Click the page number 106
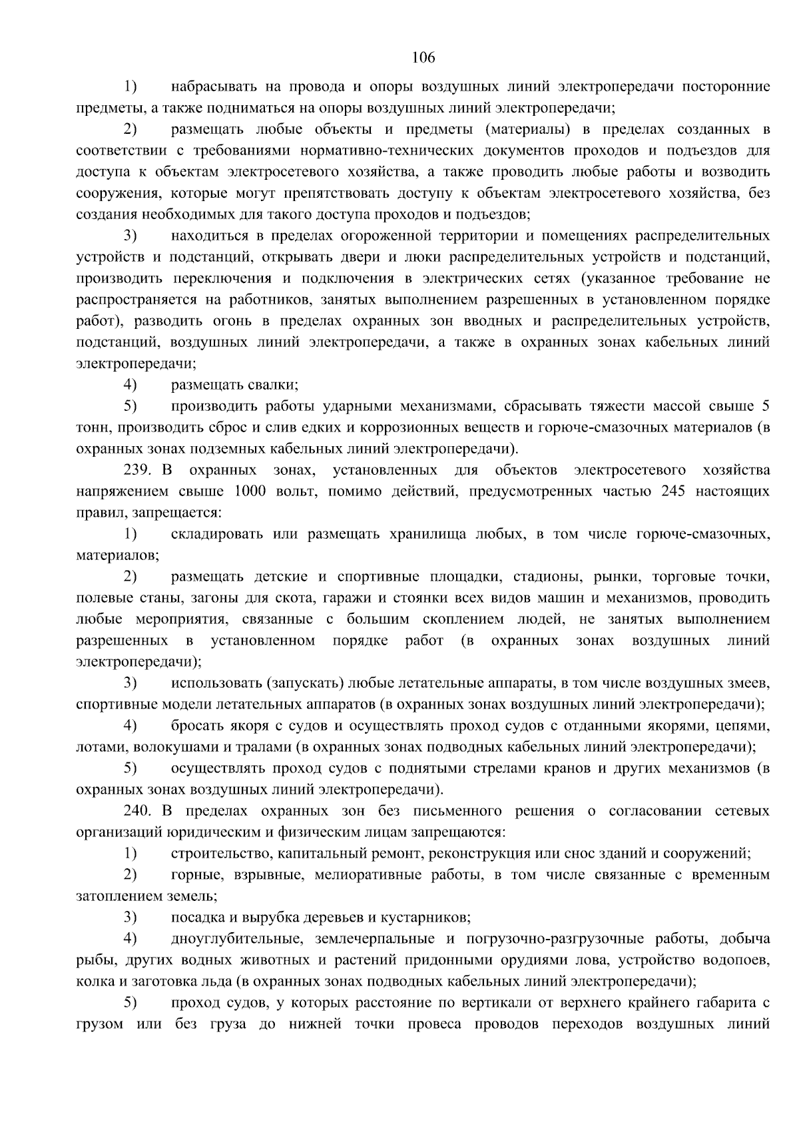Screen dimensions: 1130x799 coord(423,58)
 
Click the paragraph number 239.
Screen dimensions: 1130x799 coord(136,470)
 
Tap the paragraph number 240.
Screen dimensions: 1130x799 coord(136,811)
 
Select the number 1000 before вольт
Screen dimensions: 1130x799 coord(249,491)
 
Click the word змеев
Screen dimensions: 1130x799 coord(748,683)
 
